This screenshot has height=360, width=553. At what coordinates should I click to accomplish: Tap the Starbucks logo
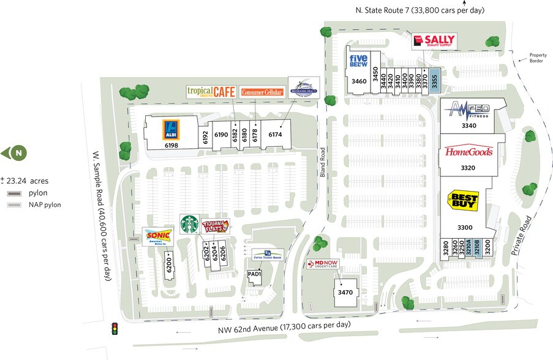point(189,224)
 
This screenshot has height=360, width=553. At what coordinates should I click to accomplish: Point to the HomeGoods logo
point(468,152)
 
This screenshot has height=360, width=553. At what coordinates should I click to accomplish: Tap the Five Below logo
point(358,61)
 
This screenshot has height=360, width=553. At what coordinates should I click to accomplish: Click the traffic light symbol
point(114,329)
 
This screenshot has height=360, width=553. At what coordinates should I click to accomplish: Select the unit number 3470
point(345,293)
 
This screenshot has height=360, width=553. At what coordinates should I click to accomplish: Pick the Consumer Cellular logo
point(262,92)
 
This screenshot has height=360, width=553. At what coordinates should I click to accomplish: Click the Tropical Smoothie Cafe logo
point(211,92)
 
